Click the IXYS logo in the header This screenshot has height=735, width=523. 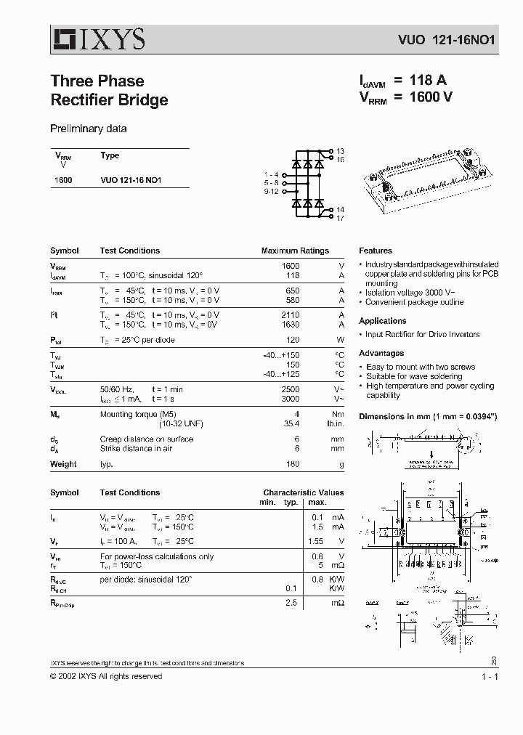point(97,38)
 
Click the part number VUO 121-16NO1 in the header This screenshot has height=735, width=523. point(446,41)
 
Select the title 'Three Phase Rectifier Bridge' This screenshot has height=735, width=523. point(109,91)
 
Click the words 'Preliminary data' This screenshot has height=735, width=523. point(88,129)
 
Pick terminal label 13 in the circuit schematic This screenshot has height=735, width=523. point(340,151)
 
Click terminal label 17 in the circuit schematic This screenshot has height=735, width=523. point(340,218)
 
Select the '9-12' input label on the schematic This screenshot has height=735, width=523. point(271,192)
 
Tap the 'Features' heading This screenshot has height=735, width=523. point(375,251)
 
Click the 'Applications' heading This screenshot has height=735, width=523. point(382,321)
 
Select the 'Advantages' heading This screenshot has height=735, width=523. point(381,353)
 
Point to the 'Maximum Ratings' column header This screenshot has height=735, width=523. point(295,251)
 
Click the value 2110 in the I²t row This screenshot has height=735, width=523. point(290,317)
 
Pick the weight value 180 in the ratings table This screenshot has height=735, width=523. point(292,464)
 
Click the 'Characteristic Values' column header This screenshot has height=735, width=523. point(303,492)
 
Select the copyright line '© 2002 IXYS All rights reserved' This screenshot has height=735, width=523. point(106,676)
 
